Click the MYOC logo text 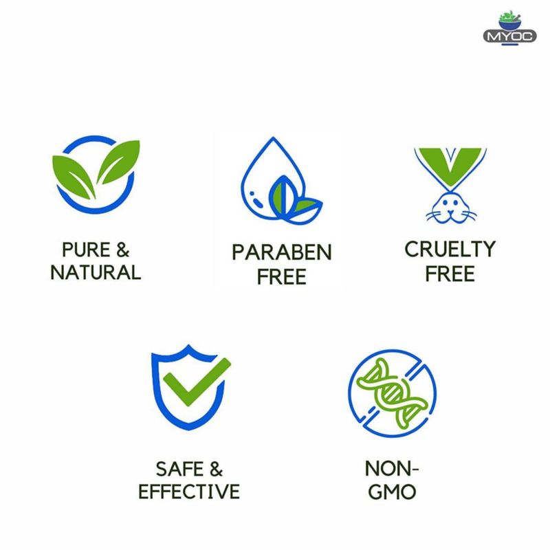(x=509, y=36)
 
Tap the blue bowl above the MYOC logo (x=510, y=25)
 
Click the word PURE (x=86, y=250)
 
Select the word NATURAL (x=96, y=272)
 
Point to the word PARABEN (x=282, y=252)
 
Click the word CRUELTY (x=450, y=250)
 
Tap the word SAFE (x=179, y=469)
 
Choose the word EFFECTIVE (x=189, y=491)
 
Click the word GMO (x=392, y=492)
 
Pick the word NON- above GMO (x=392, y=469)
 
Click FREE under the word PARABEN (x=282, y=277)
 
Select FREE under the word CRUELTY (x=450, y=274)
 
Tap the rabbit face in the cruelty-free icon (x=451, y=208)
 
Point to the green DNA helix (x=392, y=393)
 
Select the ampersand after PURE (x=123, y=250)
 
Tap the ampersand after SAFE (x=216, y=469)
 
